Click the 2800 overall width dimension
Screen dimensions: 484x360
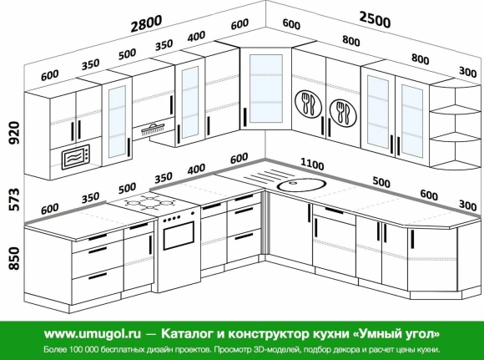tap(146, 23)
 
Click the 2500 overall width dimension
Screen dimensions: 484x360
tap(375, 19)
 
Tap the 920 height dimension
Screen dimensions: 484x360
tap(14, 133)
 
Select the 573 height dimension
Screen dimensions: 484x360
tap(14, 199)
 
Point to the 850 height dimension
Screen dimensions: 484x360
tap(14, 258)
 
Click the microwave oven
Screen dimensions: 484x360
tap(76, 157)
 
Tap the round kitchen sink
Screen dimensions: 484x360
tap(301, 185)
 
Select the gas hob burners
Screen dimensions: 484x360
tap(149, 202)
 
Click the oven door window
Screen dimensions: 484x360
tap(179, 236)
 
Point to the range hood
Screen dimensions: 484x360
tap(153, 129)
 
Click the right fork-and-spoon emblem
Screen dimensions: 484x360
tap(343, 112)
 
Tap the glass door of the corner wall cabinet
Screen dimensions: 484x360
tap(265, 89)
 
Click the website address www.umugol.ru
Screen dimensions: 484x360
tap(93, 334)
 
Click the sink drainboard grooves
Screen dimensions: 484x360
tap(262, 176)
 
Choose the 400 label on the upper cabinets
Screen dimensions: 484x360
tap(196, 37)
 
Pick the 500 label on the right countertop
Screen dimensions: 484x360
tap(381, 182)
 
